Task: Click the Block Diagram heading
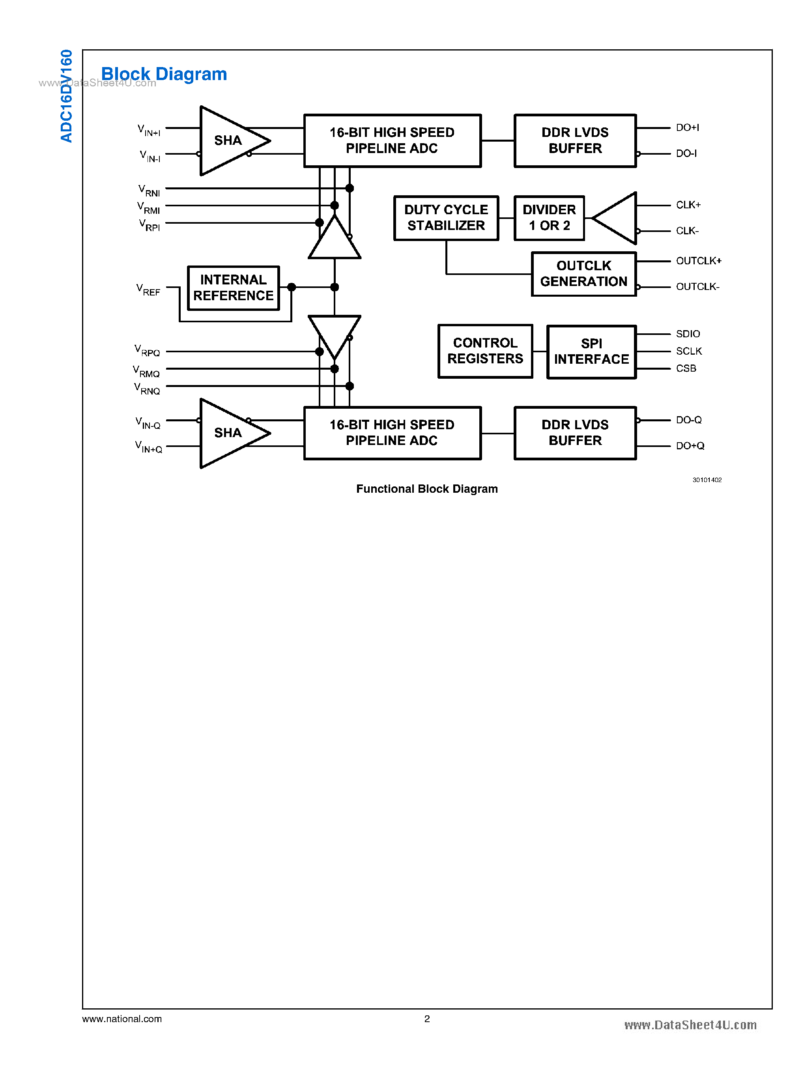tap(164, 74)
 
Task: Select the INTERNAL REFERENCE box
tap(233, 288)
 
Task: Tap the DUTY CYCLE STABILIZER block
tap(446, 218)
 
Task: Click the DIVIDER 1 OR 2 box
tap(549, 218)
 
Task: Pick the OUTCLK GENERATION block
tap(583, 274)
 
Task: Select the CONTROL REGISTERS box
tap(485, 351)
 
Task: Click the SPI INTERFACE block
tap(591, 351)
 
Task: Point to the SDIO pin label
tap(688, 334)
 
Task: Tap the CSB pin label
tap(686, 368)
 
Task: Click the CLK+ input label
tap(688, 205)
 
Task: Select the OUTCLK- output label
tap(697, 287)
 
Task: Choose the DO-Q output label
tap(688, 420)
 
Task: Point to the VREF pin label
tap(148, 290)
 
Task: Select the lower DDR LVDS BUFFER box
tap(575, 433)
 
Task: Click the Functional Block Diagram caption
tap(427, 489)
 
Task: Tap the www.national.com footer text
tap(122, 1019)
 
